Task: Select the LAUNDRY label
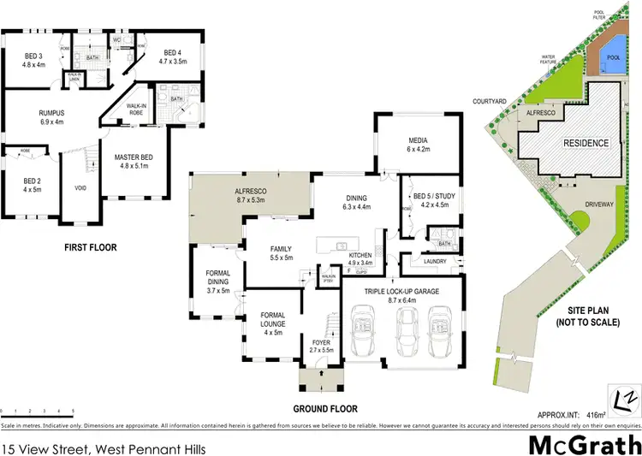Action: [434, 262]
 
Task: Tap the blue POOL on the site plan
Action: [613, 56]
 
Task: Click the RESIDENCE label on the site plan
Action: [585, 143]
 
